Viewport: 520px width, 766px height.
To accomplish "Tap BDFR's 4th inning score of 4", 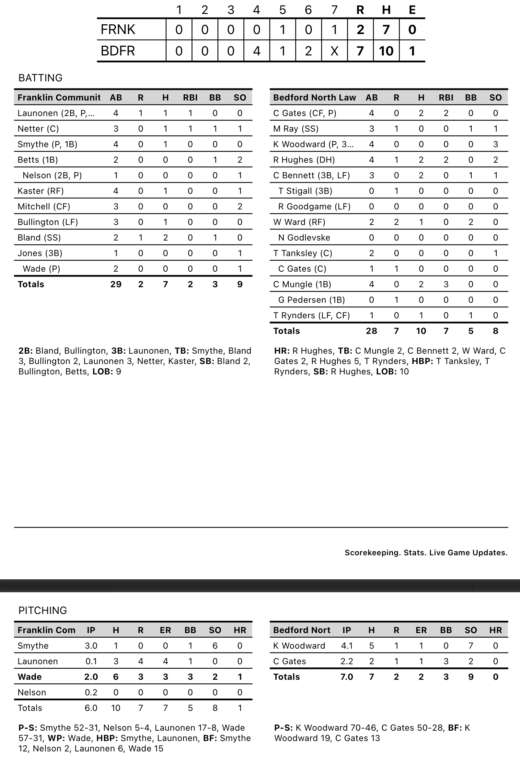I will pyautogui.click(x=257, y=51).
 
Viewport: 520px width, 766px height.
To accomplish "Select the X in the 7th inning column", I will pyautogui.click(x=334, y=51).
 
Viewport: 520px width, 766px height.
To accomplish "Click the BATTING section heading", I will pyautogui.click(x=40, y=78).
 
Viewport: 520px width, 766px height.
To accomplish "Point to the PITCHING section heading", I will pyautogui.click(x=42, y=610).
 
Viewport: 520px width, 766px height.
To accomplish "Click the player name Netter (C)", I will pyautogui.click(x=38, y=129).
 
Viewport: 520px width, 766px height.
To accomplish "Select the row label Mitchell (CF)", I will pyautogui.click(x=44, y=206).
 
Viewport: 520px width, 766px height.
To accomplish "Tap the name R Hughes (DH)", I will pyautogui.click(x=304, y=160).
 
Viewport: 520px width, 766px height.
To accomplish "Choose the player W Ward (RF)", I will pyautogui.click(x=299, y=222).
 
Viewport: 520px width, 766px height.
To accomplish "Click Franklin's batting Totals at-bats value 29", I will pyautogui.click(x=116, y=284).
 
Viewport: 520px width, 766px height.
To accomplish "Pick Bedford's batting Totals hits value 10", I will pyautogui.click(x=421, y=331).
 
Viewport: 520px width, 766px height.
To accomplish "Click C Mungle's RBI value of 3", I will pyautogui.click(x=446, y=284).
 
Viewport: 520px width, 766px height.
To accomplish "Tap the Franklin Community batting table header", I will pyautogui.click(x=59, y=98).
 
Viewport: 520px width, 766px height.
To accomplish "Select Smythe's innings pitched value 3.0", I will pyautogui.click(x=91, y=646).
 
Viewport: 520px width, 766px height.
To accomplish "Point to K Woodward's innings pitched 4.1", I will pyautogui.click(x=346, y=646).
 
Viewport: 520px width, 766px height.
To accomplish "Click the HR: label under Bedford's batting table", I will pyautogui.click(x=282, y=351).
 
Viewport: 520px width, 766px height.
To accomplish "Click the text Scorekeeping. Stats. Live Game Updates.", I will pyautogui.click(x=426, y=553).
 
